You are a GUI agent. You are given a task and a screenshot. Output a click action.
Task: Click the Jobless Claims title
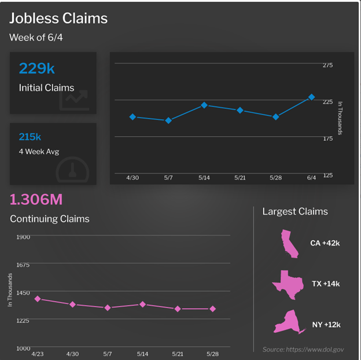58,18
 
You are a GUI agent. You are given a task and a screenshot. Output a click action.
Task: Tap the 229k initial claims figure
36,68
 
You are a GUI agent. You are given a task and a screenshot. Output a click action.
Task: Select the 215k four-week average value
30,137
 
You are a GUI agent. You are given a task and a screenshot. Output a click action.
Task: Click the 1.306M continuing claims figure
36,200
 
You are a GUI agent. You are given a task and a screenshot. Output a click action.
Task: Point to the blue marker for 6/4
311,97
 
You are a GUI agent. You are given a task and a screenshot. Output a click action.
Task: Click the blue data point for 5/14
204,105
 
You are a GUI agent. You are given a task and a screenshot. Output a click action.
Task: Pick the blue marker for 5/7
168,120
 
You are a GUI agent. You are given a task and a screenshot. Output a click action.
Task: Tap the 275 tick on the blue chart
327,65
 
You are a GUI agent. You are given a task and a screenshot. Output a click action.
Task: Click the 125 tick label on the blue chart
327,175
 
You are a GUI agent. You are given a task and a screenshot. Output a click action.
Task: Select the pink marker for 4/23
38,299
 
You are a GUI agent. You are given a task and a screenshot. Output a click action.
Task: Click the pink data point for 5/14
142,304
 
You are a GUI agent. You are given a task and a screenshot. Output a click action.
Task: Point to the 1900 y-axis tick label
23,237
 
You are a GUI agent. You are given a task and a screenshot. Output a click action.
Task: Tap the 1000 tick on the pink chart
23,348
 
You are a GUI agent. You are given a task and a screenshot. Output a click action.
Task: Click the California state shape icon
289,243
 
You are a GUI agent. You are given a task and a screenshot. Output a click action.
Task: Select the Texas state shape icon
288,284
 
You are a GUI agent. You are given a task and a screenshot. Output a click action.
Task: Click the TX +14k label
326,284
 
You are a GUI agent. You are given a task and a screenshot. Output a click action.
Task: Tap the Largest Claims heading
295,211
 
